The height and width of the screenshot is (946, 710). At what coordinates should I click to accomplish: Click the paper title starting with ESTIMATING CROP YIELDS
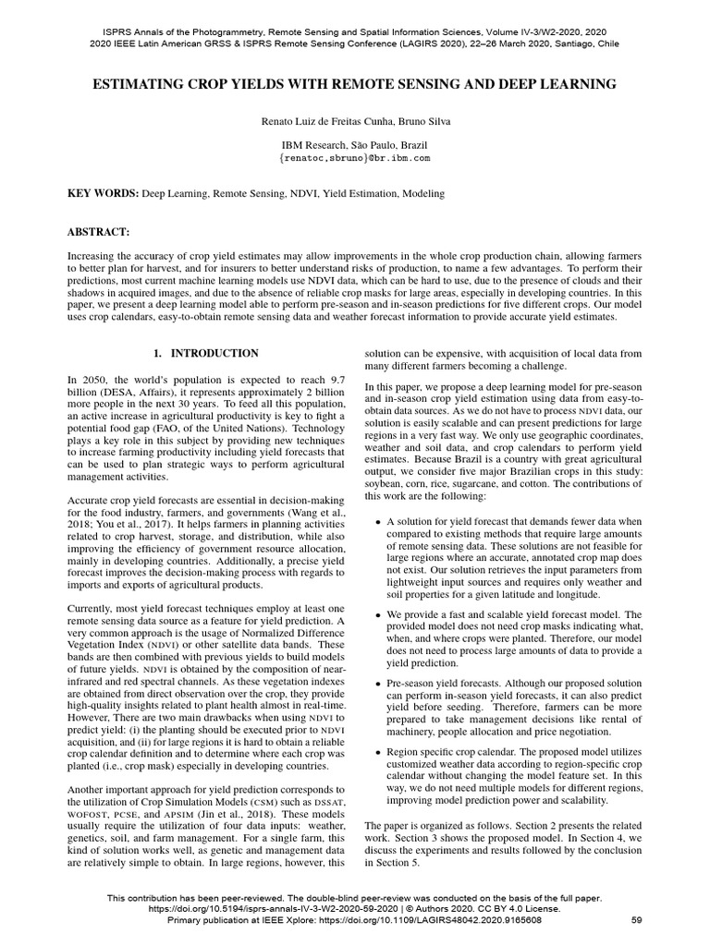pyautogui.click(x=354, y=84)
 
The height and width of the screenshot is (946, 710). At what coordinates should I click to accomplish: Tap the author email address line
pyautogui.click(x=354, y=159)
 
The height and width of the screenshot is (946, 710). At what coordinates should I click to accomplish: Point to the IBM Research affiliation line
pyautogui.click(x=354, y=145)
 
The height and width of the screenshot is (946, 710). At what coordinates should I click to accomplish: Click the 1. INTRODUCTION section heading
pyautogui.click(x=205, y=353)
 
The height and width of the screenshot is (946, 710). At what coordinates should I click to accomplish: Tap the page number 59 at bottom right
pyautogui.click(x=636, y=920)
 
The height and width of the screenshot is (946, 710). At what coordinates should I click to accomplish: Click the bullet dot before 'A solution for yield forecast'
pyautogui.click(x=378, y=522)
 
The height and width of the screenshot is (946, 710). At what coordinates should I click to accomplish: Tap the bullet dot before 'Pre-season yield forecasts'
pyautogui.click(x=378, y=683)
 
